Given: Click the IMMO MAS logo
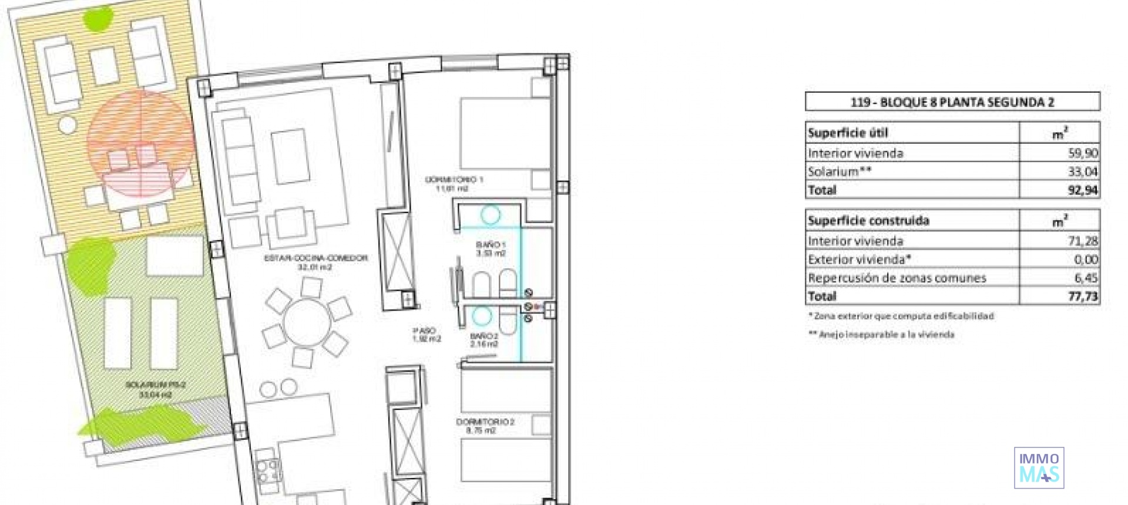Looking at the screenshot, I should coord(1039,468).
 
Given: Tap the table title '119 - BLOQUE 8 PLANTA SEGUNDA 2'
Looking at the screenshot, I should coord(952,102).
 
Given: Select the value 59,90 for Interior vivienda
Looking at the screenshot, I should coord(1083,153).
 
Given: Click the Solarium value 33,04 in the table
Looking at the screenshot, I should coord(1083,171).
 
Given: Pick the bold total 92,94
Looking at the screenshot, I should coord(1083,190).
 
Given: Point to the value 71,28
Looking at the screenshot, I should coord(1083,241).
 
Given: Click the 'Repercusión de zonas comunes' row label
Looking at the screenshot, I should coord(897,278).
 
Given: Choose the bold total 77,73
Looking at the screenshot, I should coord(1083,297).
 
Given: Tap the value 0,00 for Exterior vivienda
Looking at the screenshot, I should coord(1085,260).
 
